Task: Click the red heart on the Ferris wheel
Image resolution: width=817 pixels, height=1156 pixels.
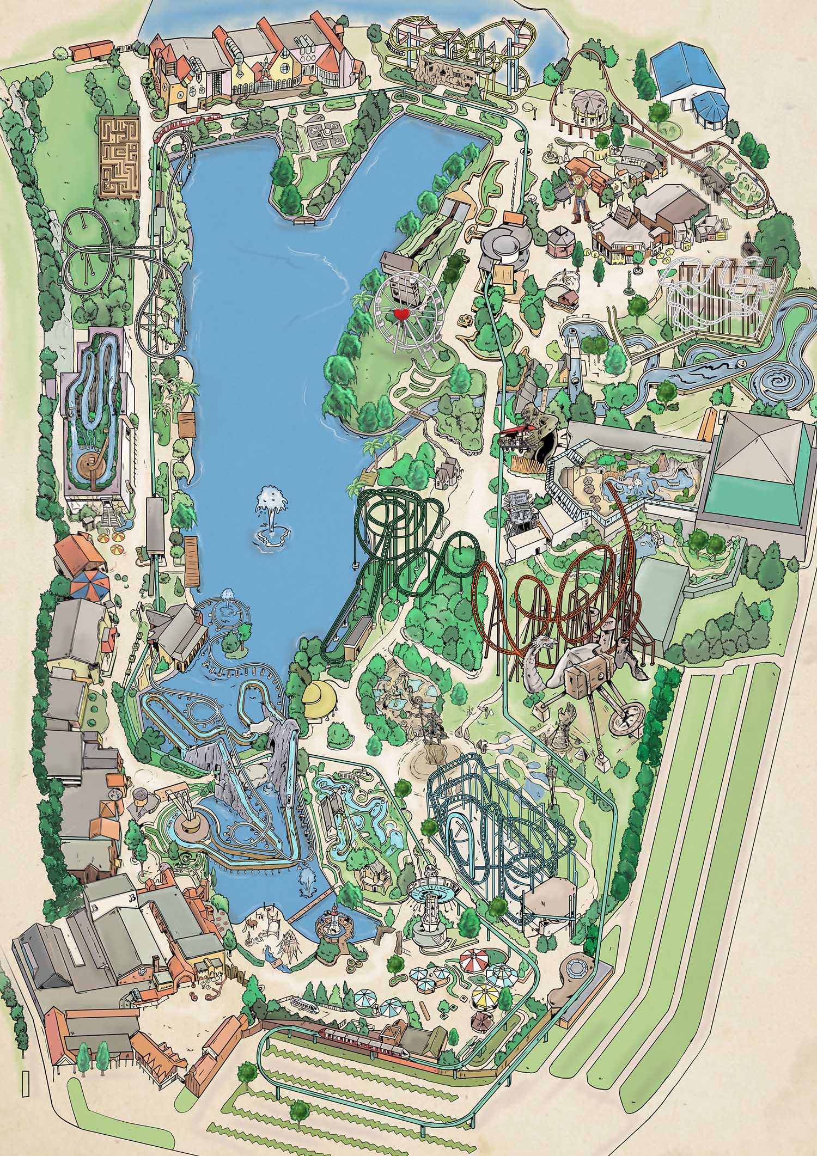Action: (x=401, y=314)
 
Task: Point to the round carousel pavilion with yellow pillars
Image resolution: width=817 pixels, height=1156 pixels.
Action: (x=588, y=106)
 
